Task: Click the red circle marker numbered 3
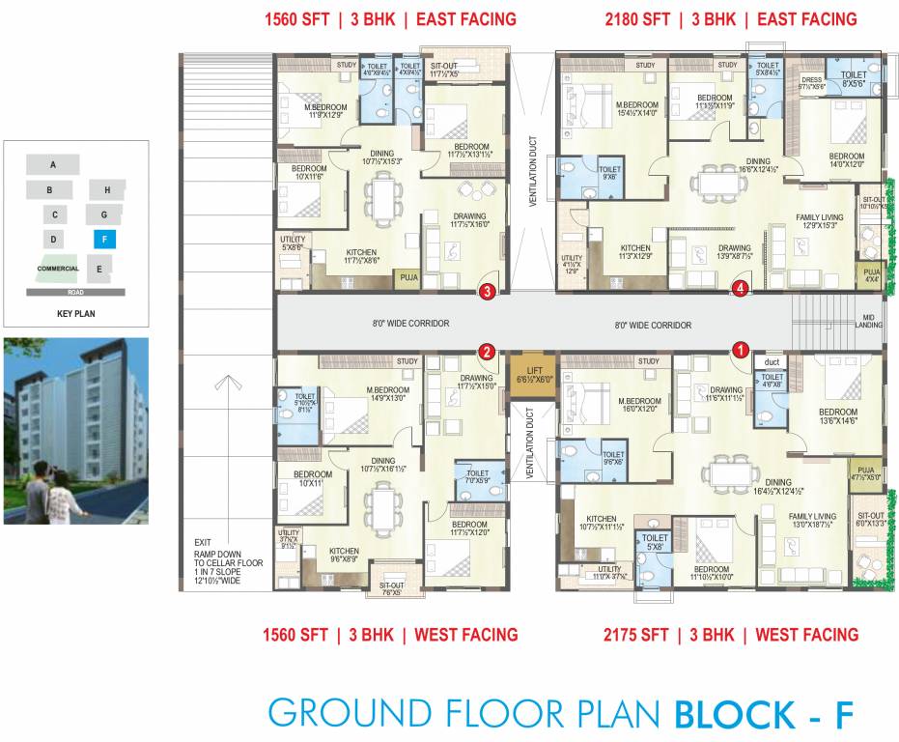488,289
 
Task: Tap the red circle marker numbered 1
741,350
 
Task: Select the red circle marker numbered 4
741,288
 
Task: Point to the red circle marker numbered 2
488,352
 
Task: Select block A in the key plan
53,165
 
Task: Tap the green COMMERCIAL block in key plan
58,269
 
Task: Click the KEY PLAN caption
75,314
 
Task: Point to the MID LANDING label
868,321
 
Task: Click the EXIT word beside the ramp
201,542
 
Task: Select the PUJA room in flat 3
406,280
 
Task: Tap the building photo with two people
76,431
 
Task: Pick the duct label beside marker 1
771,362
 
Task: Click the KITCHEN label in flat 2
344,551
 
